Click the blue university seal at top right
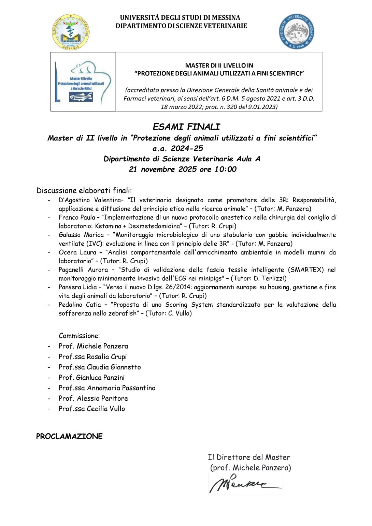(x=296, y=32)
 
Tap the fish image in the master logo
(x=81, y=97)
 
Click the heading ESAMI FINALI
(x=186, y=127)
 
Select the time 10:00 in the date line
(x=225, y=169)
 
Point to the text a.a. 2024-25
(x=177, y=148)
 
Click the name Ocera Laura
(x=77, y=252)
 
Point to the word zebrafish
(x=121, y=313)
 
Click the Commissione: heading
(x=79, y=336)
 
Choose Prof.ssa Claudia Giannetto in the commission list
(x=100, y=367)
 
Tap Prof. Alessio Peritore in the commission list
(x=93, y=398)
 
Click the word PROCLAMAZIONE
(x=69, y=437)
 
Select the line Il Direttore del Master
(x=249, y=457)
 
